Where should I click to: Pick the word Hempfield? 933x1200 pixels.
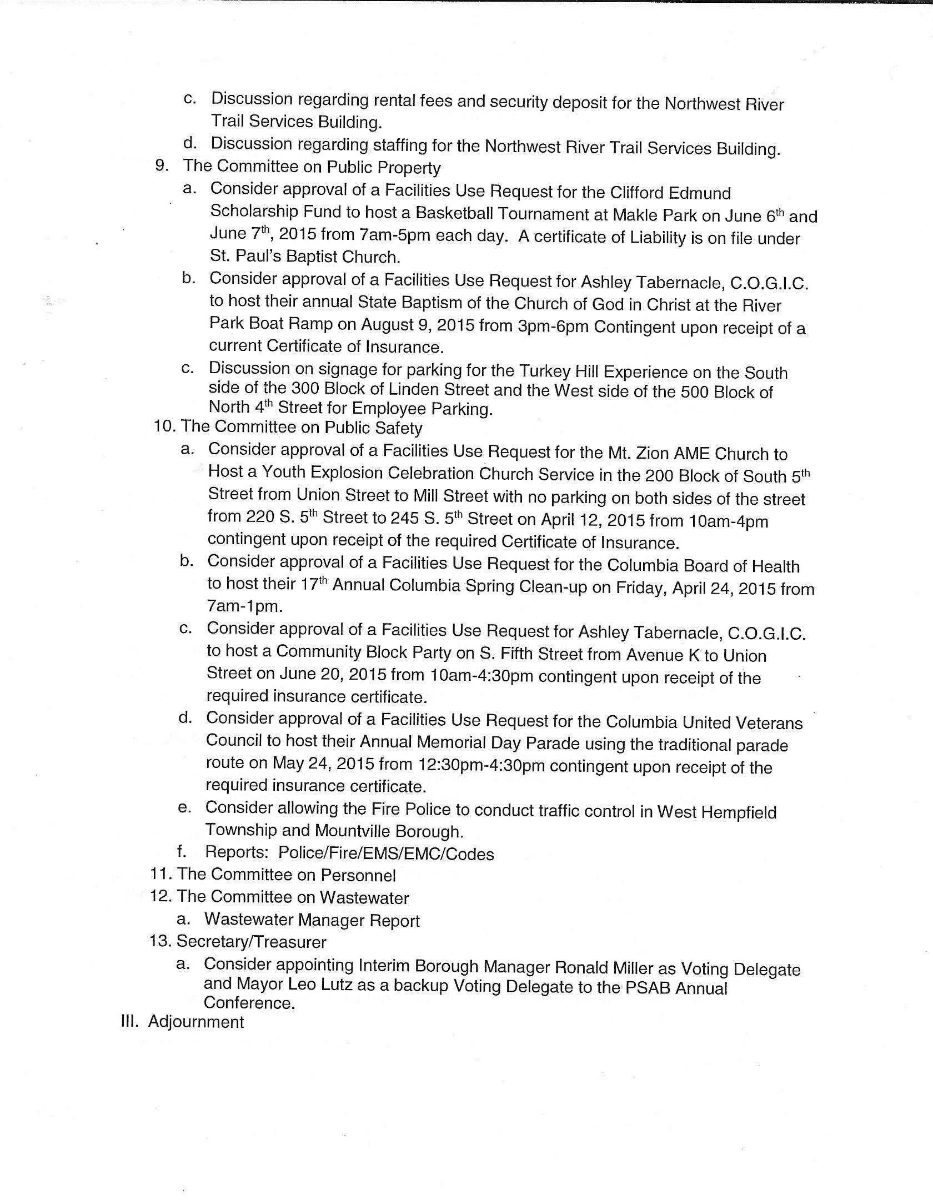point(739,812)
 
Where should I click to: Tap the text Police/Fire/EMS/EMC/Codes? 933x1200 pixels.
point(386,853)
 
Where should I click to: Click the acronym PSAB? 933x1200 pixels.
point(647,987)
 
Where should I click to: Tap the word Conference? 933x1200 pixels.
point(249,1003)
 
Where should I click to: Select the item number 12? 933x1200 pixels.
point(161,897)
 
